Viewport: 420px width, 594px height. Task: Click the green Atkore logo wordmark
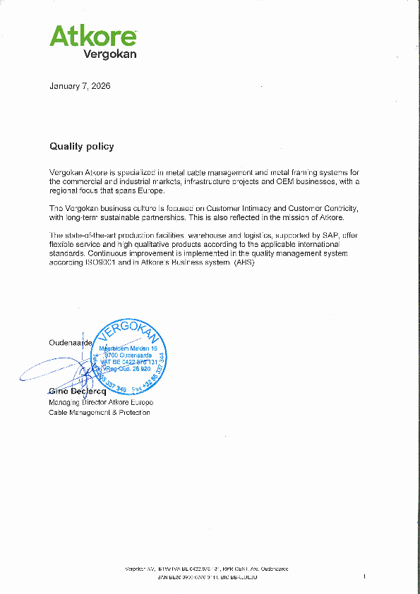pyautogui.click(x=92, y=35)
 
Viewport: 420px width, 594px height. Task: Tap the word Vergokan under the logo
pyautogui.click(x=110, y=54)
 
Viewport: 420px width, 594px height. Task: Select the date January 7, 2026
pyautogui.click(x=80, y=86)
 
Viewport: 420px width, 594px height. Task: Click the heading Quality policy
pyautogui.click(x=81, y=147)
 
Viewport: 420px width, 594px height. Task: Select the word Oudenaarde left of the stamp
pyautogui.click(x=66, y=342)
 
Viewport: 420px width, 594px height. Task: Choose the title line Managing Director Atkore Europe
pyautogui.click(x=101, y=402)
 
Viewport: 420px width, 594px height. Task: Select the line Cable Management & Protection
pyautogui.click(x=99, y=413)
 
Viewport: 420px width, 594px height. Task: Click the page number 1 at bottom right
pyautogui.click(x=364, y=577)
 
